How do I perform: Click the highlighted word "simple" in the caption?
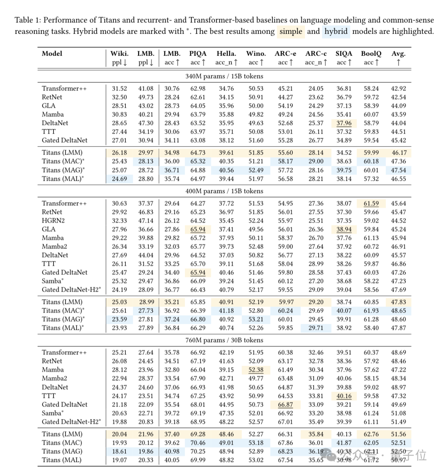[291, 31]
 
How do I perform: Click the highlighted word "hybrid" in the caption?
[336, 31]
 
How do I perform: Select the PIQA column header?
[198, 53]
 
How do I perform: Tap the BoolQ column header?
[371, 53]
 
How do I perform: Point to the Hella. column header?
[226, 53]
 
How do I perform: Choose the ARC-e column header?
[285, 53]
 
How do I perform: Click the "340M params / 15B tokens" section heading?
[224, 76]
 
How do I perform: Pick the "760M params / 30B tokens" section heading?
[224, 340]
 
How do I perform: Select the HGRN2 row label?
[53, 221]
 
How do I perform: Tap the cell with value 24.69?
[119, 179]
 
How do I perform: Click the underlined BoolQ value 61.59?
[371, 203]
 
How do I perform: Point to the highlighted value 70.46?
[198, 443]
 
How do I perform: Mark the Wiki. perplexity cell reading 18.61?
[119, 451]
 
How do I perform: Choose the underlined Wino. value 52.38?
[256, 370]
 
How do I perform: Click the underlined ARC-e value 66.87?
[285, 404]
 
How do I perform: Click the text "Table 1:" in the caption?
[28, 20]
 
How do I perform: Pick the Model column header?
[52, 53]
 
